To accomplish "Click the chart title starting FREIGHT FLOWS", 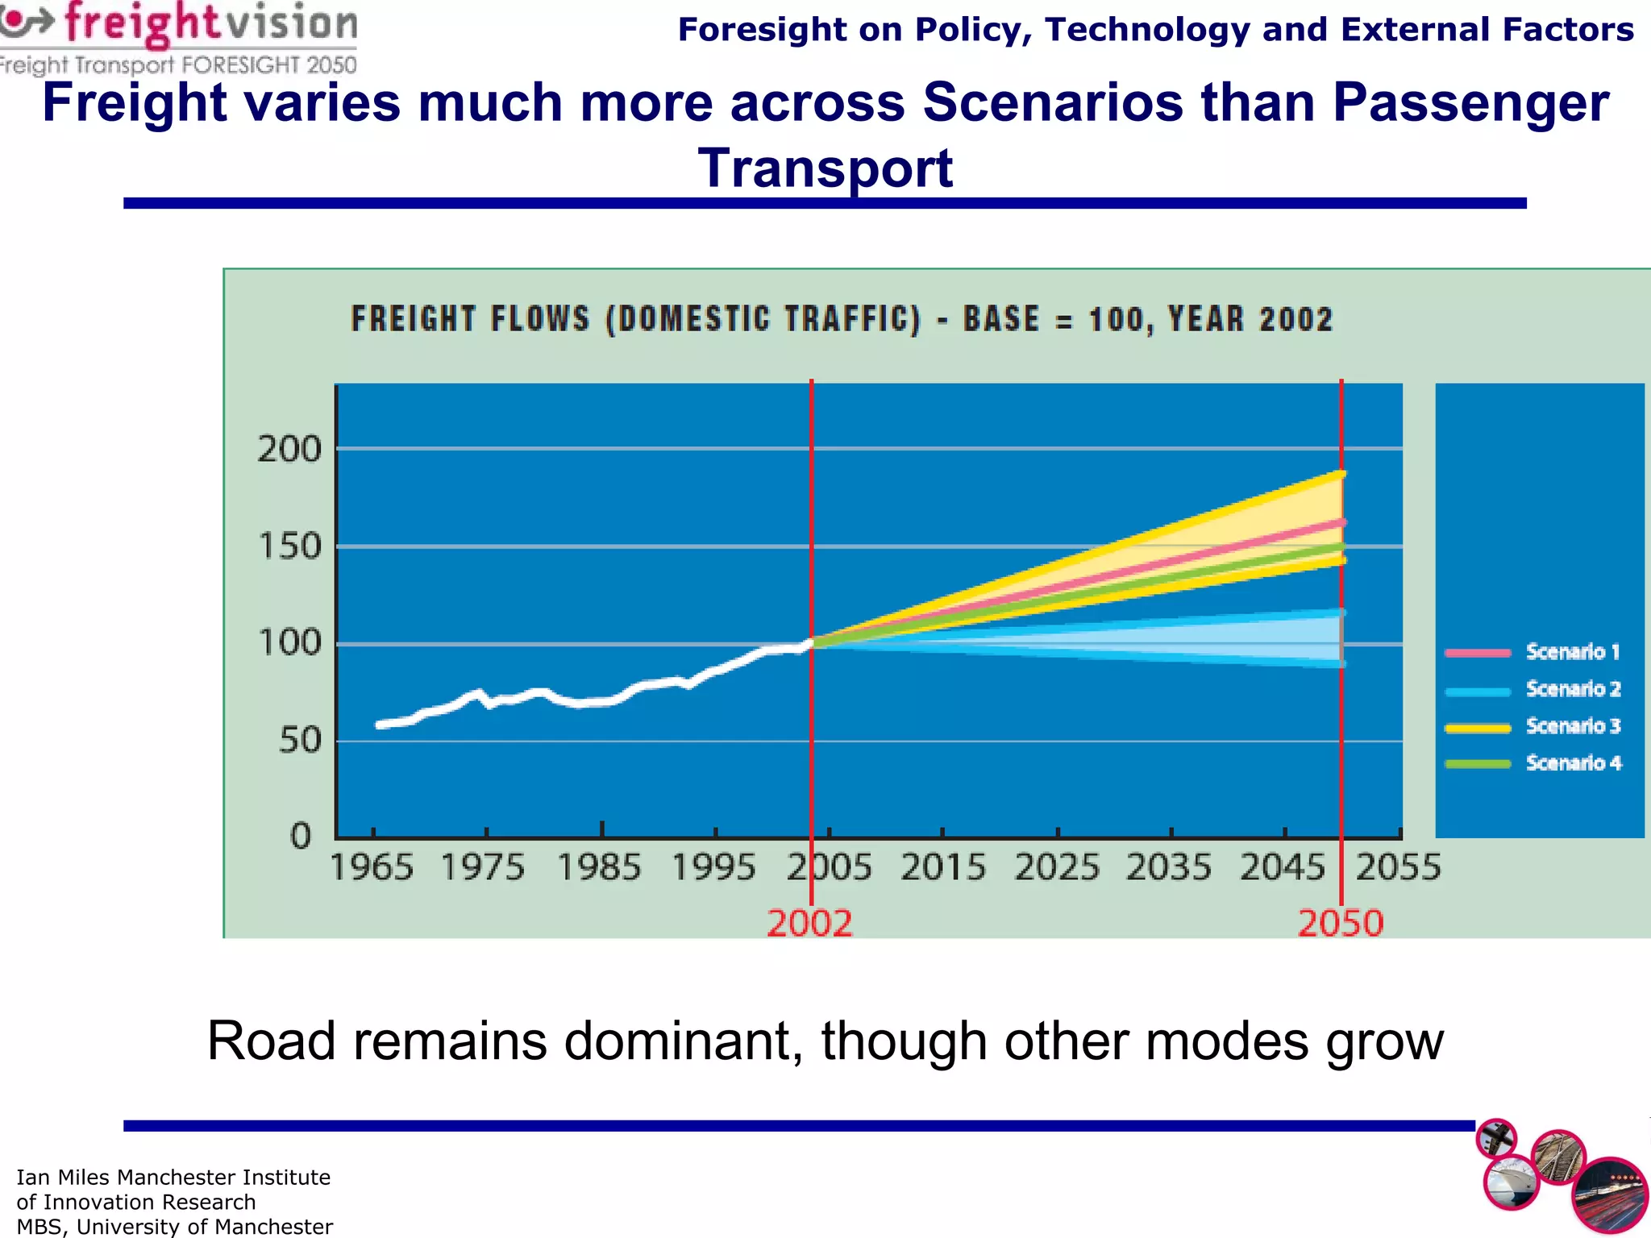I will click(x=842, y=319).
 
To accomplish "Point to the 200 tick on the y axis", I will click(x=289, y=449).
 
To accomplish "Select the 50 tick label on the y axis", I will click(x=300, y=740).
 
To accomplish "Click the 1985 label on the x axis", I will click(x=599, y=867).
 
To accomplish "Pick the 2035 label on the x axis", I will click(x=1168, y=867).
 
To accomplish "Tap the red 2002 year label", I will click(x=809, y=923).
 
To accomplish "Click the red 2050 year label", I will click(x=1340, y=923).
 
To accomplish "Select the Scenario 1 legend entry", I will click(x=1571, y=652).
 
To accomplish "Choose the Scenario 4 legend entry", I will click(x=1572, y=763).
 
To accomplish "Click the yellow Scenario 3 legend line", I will click(x=1478, y=728).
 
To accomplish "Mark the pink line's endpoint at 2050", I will click(x=1341, y=523).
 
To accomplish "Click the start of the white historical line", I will click(x=379, y=725).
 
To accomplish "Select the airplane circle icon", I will click(x=1496, y=1139).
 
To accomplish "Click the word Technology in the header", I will click(x=1146, y=30).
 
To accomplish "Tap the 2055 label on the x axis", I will click(x=1398, y=867).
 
